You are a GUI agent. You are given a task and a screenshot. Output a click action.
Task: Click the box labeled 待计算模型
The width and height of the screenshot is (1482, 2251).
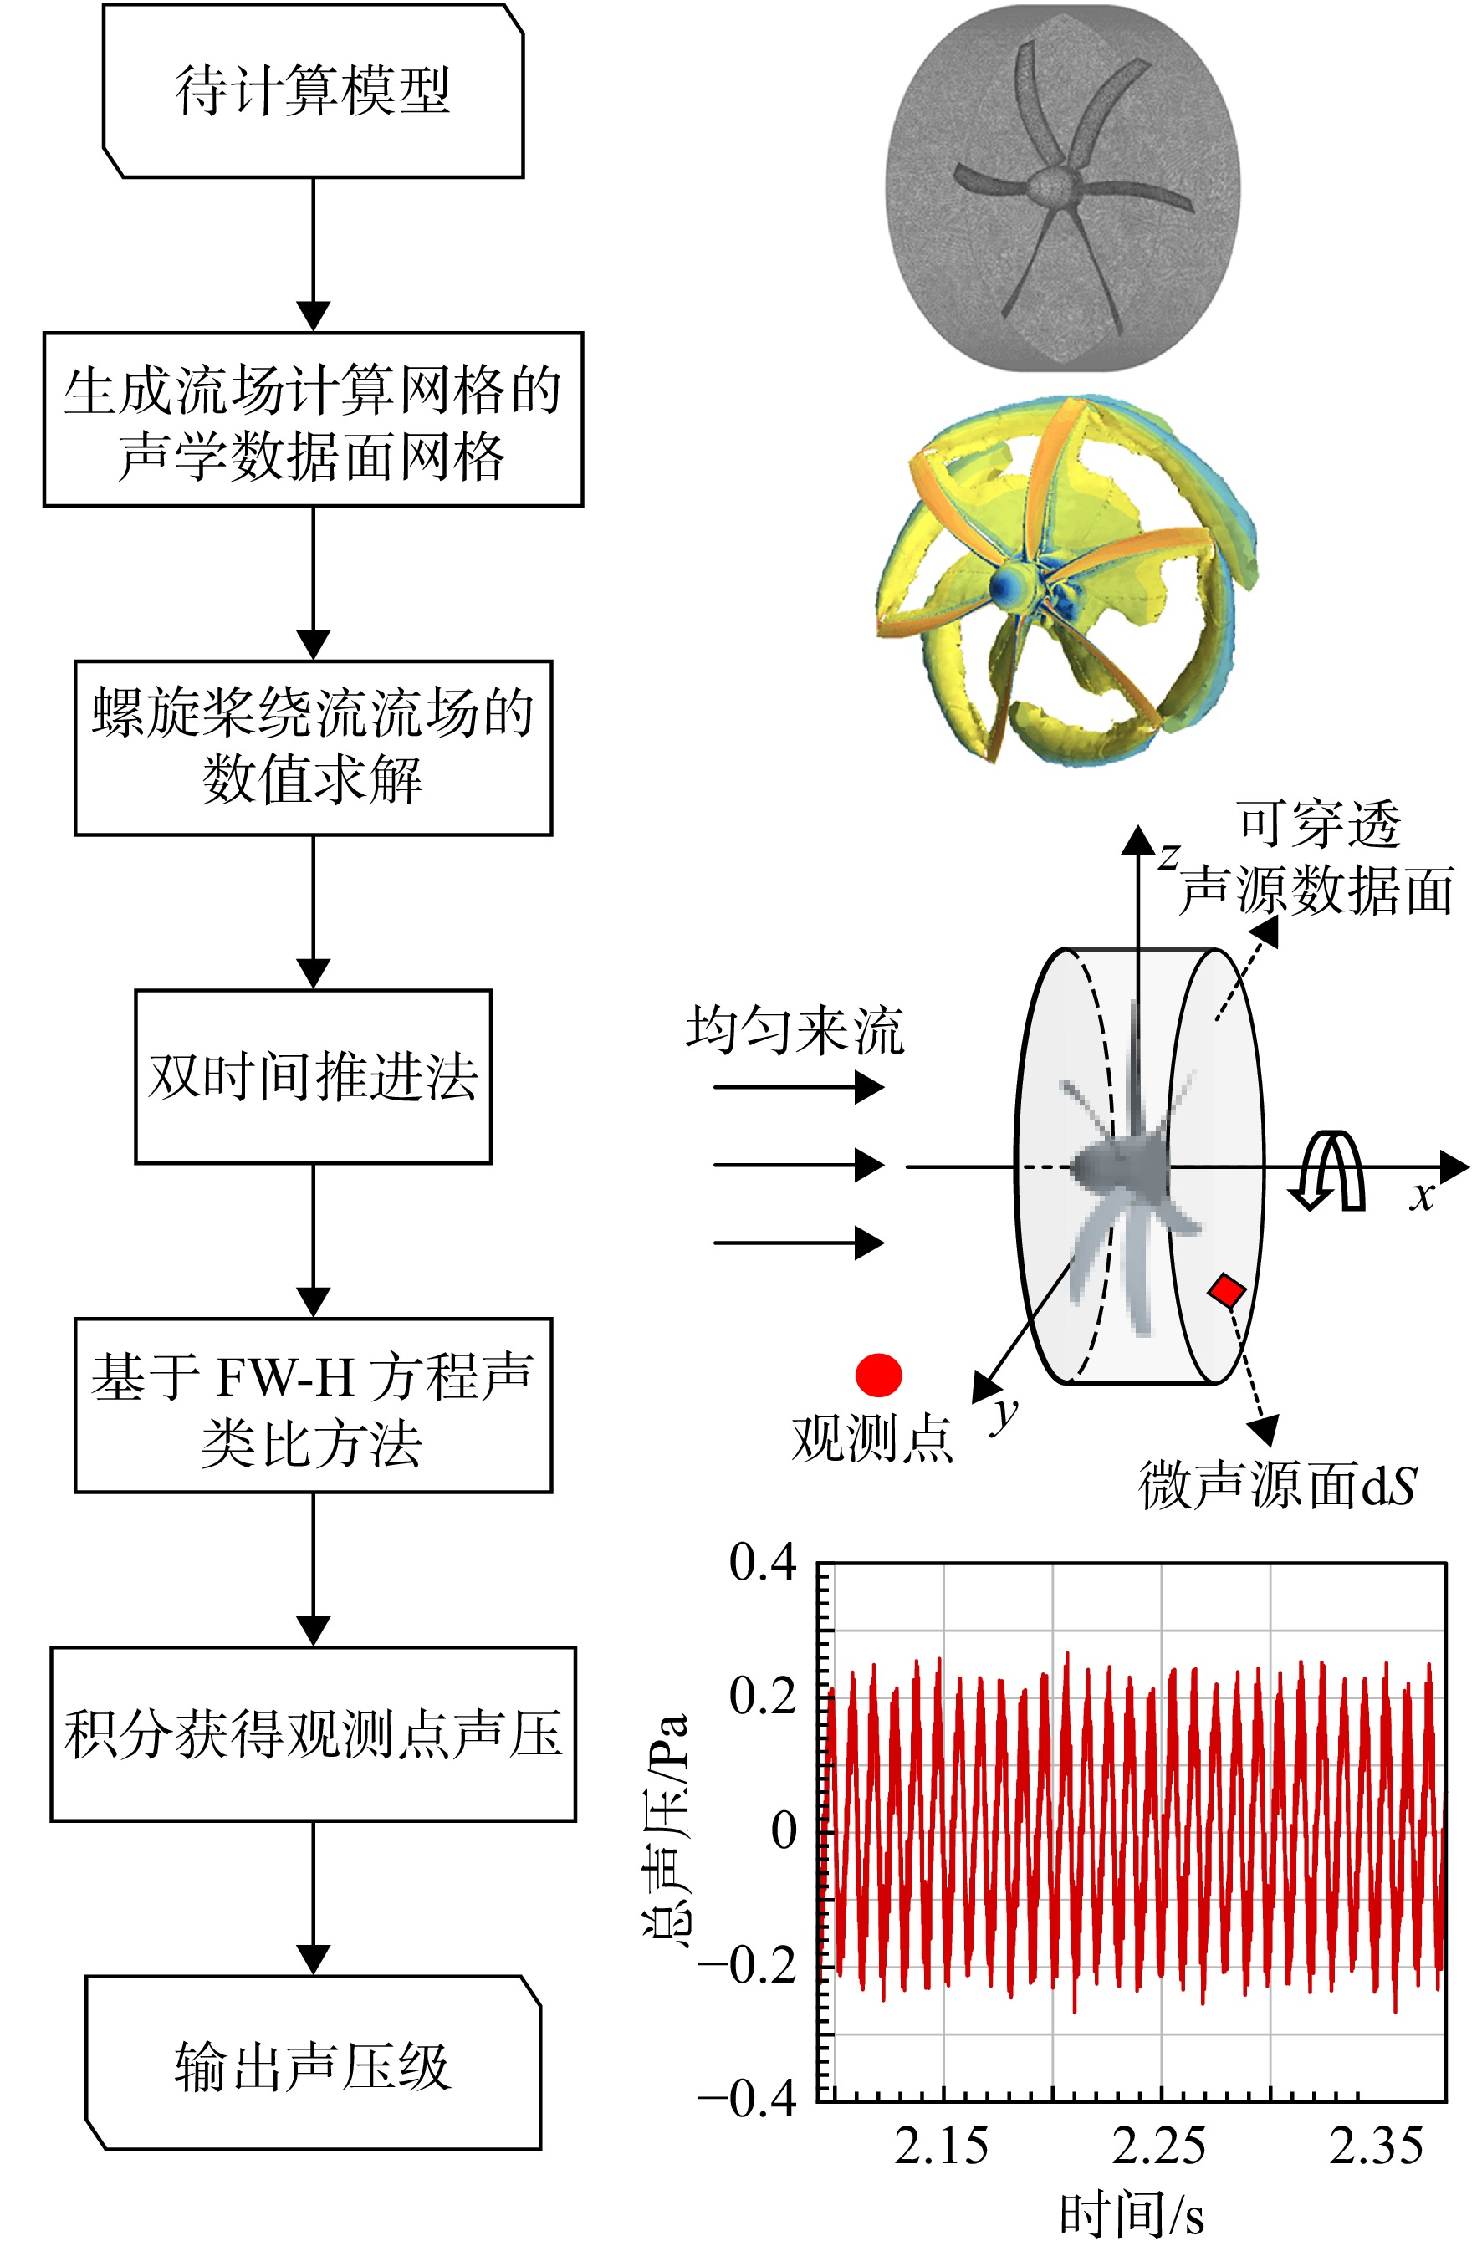(313, 91)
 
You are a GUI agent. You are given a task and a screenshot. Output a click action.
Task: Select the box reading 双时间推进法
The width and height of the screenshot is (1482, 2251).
(313, 1076)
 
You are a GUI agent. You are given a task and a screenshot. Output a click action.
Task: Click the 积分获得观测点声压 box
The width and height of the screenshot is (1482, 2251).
(313, 1733)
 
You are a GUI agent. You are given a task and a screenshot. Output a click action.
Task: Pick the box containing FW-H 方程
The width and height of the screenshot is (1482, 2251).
(313, 1406)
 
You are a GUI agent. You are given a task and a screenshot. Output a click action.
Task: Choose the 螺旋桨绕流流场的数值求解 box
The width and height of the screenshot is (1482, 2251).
(313, 748)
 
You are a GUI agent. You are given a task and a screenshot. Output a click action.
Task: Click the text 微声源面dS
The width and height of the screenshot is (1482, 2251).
(1277, 1484)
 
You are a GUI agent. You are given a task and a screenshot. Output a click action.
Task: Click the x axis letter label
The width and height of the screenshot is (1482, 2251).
(1422, 1196)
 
